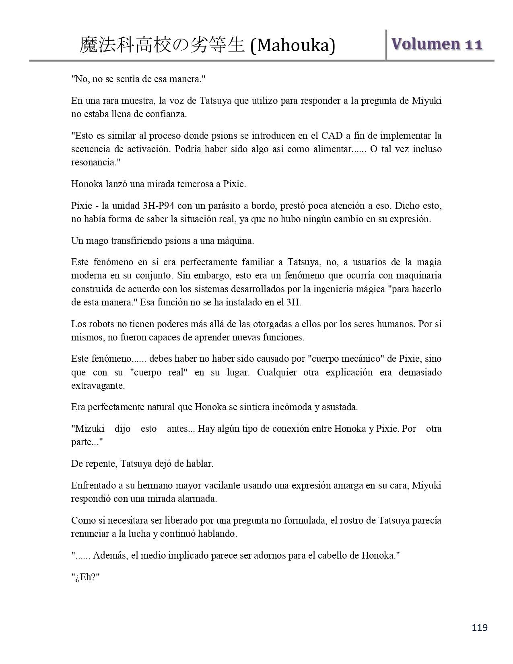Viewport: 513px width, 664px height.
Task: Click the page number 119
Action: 480,627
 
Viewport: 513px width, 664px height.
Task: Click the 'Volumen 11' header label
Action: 437,44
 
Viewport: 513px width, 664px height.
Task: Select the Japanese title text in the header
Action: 162,45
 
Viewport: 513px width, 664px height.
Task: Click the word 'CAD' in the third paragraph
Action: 332,136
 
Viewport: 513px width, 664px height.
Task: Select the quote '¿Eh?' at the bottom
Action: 85,577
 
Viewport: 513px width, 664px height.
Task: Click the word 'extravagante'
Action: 98,386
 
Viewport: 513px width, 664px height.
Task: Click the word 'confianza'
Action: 167,114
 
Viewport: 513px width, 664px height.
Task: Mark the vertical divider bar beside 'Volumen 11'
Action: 386,45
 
